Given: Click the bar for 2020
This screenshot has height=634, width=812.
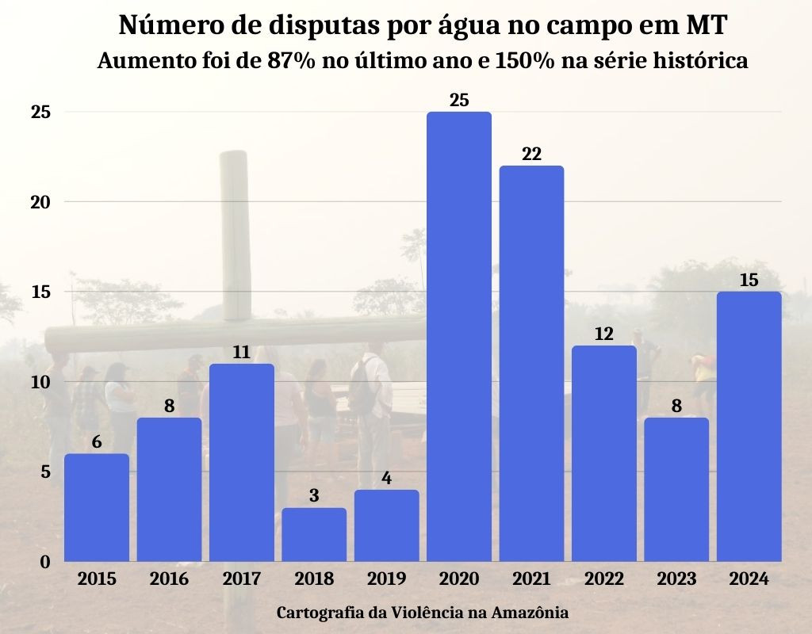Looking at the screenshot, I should click(459, 337).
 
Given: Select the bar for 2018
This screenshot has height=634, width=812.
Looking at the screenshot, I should click(314, 535).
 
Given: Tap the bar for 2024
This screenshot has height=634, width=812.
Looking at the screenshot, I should click(749, 426).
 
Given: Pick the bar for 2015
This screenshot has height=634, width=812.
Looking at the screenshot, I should click(97, 507).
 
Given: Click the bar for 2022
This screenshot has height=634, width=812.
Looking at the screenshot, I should click(604, 453).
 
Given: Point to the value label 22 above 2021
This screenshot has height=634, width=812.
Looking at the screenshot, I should click(531, 154).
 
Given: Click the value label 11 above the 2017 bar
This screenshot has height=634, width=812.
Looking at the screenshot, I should click(242, 352).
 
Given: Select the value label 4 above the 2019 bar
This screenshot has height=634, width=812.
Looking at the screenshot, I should click(387, 478).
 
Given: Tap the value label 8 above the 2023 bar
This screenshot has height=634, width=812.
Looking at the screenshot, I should click(676, 406).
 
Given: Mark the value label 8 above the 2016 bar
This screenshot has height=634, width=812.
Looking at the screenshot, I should click(169, 406).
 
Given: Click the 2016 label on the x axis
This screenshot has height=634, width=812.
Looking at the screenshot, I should click(169, 579).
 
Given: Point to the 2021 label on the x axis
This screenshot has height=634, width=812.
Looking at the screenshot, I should click(531, 579).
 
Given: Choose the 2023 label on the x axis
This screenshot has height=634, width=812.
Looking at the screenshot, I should click(676, 579).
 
